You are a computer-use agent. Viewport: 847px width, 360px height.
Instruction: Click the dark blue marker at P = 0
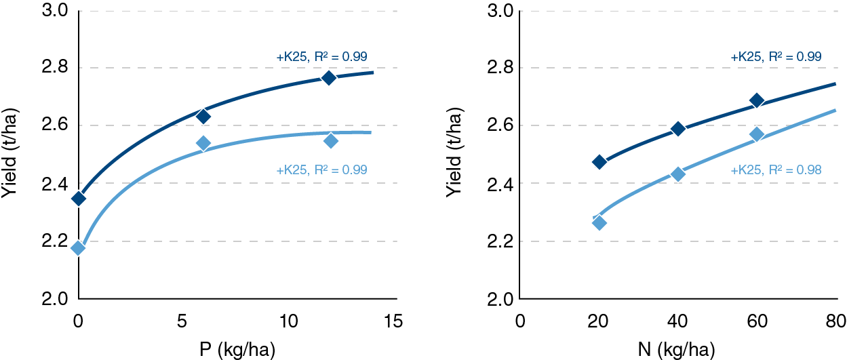coord(79,199)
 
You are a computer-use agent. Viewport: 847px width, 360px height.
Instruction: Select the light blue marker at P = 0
coord(79,248)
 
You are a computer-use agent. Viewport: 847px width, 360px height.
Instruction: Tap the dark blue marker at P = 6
coord(203,116)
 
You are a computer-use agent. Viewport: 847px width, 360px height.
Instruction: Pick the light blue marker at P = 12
coord(331,141)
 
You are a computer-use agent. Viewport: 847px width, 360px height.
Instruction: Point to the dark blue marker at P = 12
coord(329,78)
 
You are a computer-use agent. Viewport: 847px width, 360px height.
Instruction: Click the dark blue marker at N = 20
coord(599,162)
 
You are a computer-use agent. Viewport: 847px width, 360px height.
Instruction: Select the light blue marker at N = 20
coord(599,222)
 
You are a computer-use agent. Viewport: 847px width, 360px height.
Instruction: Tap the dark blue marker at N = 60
coord(757,101)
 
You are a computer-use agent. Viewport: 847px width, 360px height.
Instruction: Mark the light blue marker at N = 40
coord(678,174)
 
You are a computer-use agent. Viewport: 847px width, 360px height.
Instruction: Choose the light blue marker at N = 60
coord(757,134)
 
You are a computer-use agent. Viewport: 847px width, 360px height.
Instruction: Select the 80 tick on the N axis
coord(835,321)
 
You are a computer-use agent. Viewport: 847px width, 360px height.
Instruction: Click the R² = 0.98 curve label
coord(776,170)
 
